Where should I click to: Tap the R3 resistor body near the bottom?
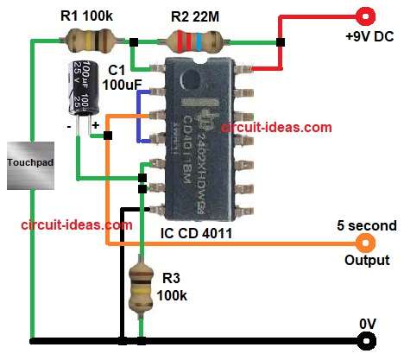pyautogui.click(x=141, y=287)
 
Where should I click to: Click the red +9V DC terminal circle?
pyautogui.click(x=366, y=15)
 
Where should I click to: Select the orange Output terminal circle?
pyautogui.click(x=366, y=244)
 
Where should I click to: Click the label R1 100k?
pyautogui.click(x=88, y=15)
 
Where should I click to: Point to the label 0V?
pyautogui.click(x=369, y=322)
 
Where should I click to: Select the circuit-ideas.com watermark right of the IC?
pyautogui.click(x=276, y=127)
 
